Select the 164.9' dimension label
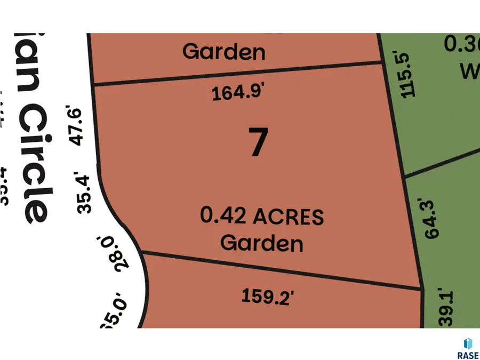coord(238,93)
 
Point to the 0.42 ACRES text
coord(262,217)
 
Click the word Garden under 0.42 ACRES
coord(262,243)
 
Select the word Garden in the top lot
coord(223,52)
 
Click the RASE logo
coord(467,349)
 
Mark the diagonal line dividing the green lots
coord(443,162)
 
